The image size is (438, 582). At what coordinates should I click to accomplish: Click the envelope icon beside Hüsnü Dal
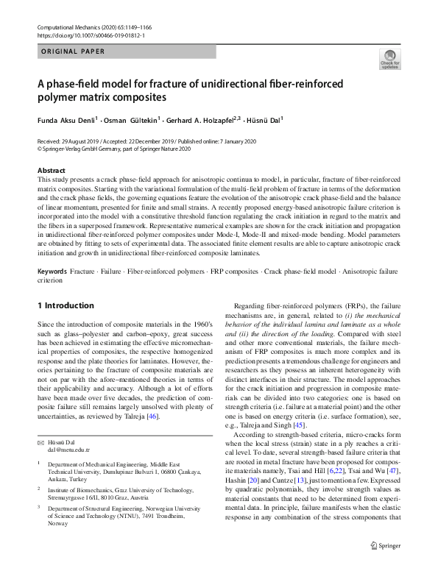(40, 421)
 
